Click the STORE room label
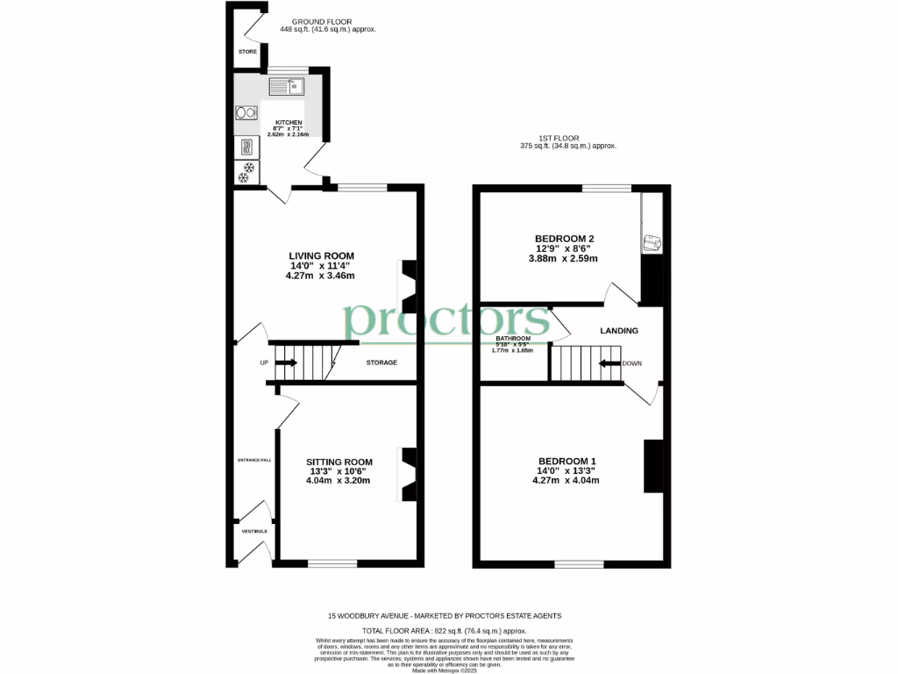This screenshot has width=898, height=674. pyautogui.click(x=248, y=53)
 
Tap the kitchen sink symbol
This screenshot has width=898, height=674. pyautogui.click(x=286, y=86)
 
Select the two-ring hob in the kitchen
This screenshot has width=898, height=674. pyautogui.click(x=245, y=112)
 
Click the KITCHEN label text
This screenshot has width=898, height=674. pyautogui.click(x=289, y=123)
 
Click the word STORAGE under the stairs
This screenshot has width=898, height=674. pyautogui.click(x=381, y=362)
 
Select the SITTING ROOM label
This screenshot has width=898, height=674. pyautogui.click(x=339, y=462)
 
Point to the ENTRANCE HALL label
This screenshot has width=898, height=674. pyautogui.click(x=254, y=460)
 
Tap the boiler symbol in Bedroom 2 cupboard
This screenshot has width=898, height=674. pyautogui.click(x=651, y=243)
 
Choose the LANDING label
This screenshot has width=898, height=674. pyautogui.click(x=618, y=331)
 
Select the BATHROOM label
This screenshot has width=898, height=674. pyautogui.click(x=513, y=339)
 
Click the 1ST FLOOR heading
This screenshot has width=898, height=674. pyautogui.click(x=559, y=138)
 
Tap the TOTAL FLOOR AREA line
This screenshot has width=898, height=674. pyautogui.click(x=445, y=631)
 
